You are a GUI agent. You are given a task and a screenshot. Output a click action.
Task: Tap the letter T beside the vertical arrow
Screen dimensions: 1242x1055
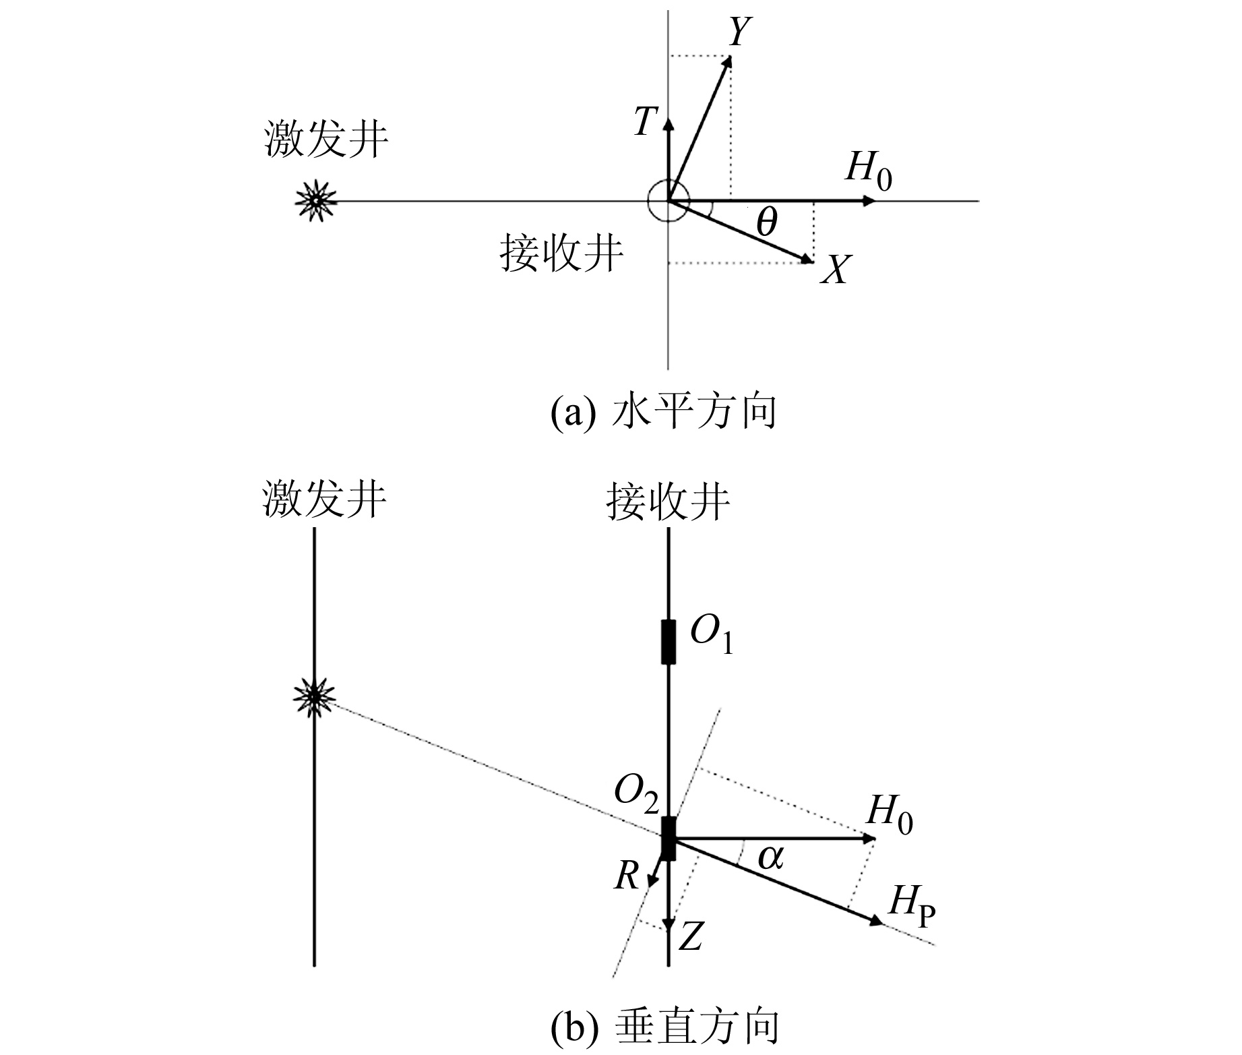click(x=645, y=123)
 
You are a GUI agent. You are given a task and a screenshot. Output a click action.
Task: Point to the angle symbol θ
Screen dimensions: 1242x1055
click(x=766, y=222)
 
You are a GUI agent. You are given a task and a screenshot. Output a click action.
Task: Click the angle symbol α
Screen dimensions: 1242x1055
click(x=771, y=857)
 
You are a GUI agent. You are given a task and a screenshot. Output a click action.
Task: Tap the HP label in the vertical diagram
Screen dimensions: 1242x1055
click(x=912, y=903)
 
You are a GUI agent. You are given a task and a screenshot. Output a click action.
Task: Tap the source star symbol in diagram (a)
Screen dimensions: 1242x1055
click(x=314, y=201)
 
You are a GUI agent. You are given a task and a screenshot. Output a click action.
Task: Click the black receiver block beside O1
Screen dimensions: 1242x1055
click(x=668, y=642)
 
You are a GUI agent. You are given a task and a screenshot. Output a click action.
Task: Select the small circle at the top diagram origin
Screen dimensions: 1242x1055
click(x=668, y=201)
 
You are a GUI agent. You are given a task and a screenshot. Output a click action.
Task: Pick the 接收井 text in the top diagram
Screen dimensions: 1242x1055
click(x=561, y=253)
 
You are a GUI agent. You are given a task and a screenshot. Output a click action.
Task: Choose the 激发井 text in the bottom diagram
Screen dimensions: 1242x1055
click(x=324, y=500)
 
